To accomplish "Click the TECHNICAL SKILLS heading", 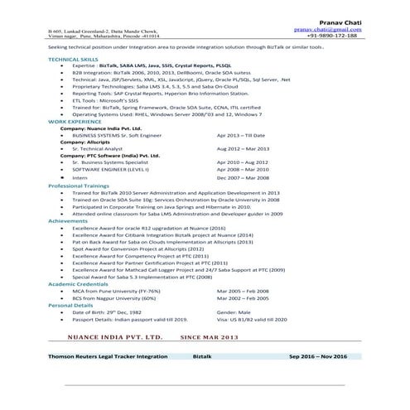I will tap(73, 60).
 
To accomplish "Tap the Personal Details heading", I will tap(71, 306).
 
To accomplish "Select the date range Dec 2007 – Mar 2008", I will tap(244, 178).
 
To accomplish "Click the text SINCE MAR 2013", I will tap(209, 338).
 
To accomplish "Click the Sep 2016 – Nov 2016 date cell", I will tap(317, 356).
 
